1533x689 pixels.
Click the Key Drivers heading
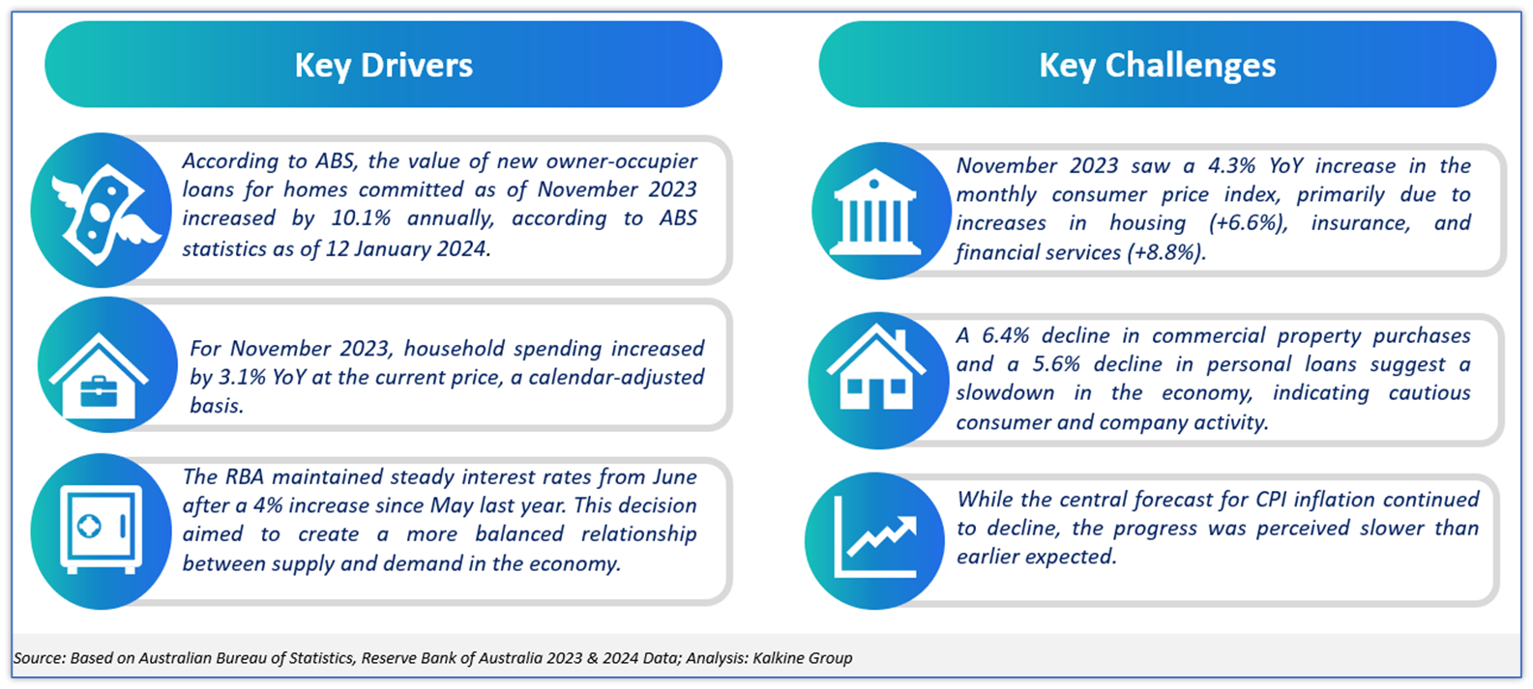pyautogui.click(x=383, y=66)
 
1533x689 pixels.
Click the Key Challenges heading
pyautogui.click(x=1158, y=66)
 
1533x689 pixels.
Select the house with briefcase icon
pyautogui.click(x=99, y=375)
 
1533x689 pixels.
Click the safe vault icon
pyautogui.click(x=102, y=530)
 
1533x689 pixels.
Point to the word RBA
pyautogui.click(x=245, y=476)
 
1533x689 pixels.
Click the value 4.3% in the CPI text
pyautogui.click(x=1231, y=165)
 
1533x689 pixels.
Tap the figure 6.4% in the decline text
pyautogui.click(x=1005, y=335)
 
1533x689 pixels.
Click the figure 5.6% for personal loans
pyautogui.click(x=1056, y=364)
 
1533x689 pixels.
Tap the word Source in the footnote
pyautogui.click(x=40, y=658)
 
